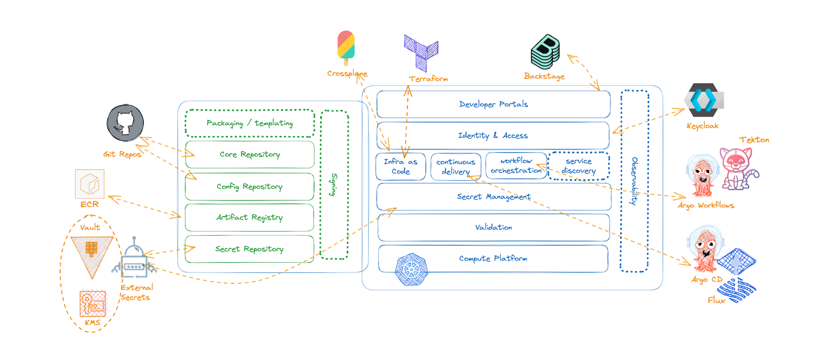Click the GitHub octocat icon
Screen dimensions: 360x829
tap(125, 123)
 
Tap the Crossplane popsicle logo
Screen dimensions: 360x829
tap(346, 46)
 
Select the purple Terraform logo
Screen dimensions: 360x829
tap(421, 52)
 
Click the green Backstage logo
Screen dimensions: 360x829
tap(546, 52)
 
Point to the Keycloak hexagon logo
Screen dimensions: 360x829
tap(703, 100)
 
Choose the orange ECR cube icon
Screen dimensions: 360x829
tap(90, 184)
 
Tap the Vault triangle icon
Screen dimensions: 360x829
tap(92, 255)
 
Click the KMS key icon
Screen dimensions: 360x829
tap(92, 304)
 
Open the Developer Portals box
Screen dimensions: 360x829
tap(493, 104)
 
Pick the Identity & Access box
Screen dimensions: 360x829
tap(493, 136)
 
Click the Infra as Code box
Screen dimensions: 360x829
tap(401, 166)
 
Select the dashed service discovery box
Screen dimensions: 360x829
tap(579, 166)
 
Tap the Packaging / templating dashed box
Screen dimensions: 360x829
tap(250, 123)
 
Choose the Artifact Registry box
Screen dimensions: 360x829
tap(250, 218)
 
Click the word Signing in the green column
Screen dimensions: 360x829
tap(334, 184)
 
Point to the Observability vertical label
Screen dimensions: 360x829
tap(634, 181)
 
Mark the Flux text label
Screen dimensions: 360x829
tap(716, 300)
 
